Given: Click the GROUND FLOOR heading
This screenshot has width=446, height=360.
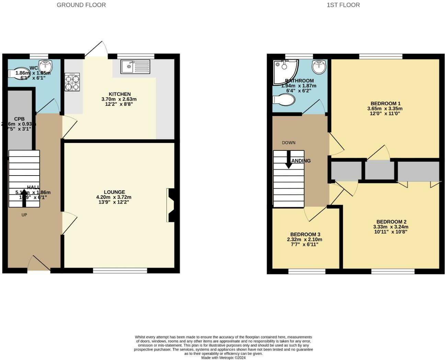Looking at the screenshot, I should [x=81, y=5].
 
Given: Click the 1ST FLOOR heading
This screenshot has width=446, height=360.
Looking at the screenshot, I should [x=343, y=5].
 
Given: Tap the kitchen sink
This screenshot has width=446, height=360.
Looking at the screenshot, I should [x=135, y=66].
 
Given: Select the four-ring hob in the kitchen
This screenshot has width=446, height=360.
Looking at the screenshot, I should [x=72, y=82].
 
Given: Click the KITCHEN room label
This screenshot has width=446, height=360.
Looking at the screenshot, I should [x=119, y=94].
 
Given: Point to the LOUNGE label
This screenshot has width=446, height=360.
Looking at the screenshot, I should [x=115, y=192].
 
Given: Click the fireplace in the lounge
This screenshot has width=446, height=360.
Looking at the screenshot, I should [x=172, y=205].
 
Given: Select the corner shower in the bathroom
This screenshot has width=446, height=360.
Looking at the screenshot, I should [x=285, y=71].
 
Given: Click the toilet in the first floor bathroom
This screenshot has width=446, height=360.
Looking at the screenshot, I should [x=284, y=100].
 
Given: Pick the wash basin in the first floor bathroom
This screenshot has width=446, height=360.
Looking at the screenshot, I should [x=319, y=67].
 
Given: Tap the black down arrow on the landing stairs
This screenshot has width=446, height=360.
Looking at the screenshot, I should [x=289, y=160].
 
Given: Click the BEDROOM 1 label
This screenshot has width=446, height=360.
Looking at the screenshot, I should [x=385, y=103].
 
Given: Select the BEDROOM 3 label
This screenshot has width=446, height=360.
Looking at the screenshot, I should [x=305, y=234].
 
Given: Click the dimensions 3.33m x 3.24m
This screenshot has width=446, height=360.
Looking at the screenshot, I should [x=391, y=227].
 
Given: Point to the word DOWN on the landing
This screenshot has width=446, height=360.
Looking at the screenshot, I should [x=288, y=143].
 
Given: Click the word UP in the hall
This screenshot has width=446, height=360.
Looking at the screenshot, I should [x=24, y=215].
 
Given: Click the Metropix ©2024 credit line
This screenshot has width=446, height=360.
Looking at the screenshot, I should [x=223, y=358].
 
